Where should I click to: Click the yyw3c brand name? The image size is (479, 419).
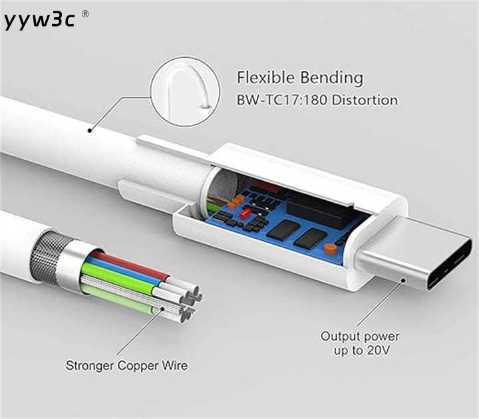(39, 20)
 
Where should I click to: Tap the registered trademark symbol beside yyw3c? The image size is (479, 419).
(86, 14)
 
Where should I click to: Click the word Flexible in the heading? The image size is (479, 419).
(265, 77)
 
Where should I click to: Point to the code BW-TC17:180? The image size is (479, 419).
(282, 100)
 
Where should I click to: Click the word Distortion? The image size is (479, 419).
(365, 100)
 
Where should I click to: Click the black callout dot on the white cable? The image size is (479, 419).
(90, 131)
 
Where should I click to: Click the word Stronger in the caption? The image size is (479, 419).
(90, 366)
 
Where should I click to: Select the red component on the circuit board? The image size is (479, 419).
(245, 213)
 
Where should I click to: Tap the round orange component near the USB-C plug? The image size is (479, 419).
(329, 248)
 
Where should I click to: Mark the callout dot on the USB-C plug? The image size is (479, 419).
(403, 280)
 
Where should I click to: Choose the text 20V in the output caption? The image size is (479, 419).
(378, 350)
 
